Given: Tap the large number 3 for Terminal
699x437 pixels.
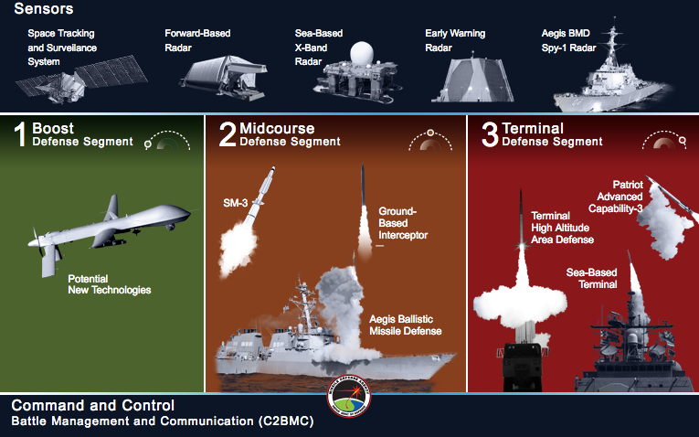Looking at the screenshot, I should tap(490, 134).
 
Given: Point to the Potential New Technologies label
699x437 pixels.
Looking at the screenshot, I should tap(110, 283).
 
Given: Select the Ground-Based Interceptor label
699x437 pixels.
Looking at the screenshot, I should tap(402, 222).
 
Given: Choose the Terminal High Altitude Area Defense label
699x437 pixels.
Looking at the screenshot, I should tap(563, 228).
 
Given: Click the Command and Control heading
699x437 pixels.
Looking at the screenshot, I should tap(93, 405).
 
